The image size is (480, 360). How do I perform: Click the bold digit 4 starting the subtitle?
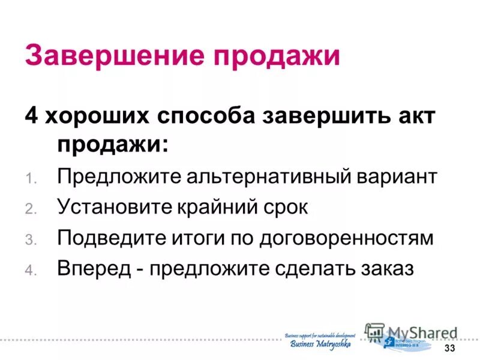[x=31, y=116]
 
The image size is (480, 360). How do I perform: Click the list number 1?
[x=31, y=179]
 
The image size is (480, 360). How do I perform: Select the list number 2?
[x=31, y=209]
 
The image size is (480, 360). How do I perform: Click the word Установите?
[x=115, y=208]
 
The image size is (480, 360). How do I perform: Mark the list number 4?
[x=31, y=270]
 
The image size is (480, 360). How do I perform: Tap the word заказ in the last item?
[x=388, y=268]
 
